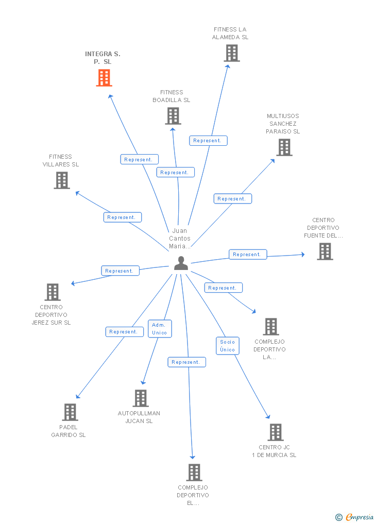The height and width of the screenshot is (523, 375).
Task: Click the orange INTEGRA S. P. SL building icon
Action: pyautogui.click(x=104, y=78)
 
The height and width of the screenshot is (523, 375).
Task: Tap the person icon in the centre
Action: pyautogui.click(x=181, y=263)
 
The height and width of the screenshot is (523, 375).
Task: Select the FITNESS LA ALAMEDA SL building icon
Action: pyautogui.click(x=232, y=53)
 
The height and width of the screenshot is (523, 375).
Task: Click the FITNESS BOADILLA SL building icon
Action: pyautogui.click(x=173, y=116)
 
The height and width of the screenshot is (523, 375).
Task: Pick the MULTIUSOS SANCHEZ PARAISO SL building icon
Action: pyautogui.click(x=284, y=147)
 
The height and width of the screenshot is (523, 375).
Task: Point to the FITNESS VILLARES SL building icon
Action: pyautogui.click(x=62, y=180)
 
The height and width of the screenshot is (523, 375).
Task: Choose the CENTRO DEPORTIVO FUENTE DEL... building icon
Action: pyautogui.click(x=325, y=251)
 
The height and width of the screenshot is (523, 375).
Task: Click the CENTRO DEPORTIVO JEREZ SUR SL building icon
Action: pyautogui.click(x=53, y=292)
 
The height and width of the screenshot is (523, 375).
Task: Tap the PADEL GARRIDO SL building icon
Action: pyautogui.click(x=70, y=412)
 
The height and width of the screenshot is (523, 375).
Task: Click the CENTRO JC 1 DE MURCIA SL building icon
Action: pyautogui.click(x=276, y=432)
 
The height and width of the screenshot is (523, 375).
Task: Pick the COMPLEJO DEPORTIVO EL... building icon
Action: pyautogui.click(x=194, y=473)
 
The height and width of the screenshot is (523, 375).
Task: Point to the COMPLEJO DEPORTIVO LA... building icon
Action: pyautogui.click(x=271, y=327)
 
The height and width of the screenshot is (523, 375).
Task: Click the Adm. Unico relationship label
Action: pyautogui.click(x=160, y=329)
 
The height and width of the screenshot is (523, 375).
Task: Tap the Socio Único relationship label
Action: pyautogui.click(x=227, y=346)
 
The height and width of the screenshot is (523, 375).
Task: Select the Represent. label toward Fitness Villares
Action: pyautogui.click(x=122, y=217)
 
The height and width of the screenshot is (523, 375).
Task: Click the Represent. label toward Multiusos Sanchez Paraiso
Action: pyautogui.click(x=233, y=199)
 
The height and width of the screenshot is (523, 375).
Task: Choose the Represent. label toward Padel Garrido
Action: pyautogui.click(x=124, y=332)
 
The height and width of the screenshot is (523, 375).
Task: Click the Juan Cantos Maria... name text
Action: pyautogui.click(x=180, y=239)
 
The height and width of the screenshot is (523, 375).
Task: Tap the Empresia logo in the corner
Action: pyautogui.click(x=355, y=517)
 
